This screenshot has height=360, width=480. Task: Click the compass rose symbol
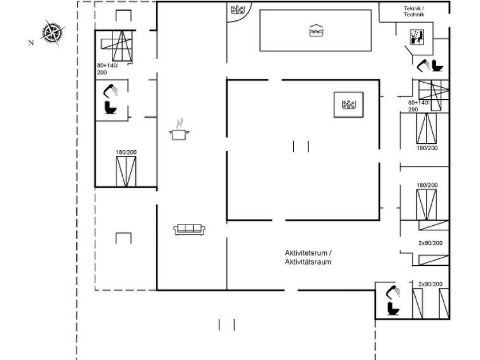point(53,32)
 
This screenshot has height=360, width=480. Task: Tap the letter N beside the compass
point(31,43)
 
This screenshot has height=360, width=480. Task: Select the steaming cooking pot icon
point(179,129)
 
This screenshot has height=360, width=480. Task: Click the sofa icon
point(189,230)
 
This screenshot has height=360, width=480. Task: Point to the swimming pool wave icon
point(317,31)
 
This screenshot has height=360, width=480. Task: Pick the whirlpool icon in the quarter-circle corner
point(237,10)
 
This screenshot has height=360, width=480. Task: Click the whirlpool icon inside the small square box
point(348,105)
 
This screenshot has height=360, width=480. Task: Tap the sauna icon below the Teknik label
point(417,37)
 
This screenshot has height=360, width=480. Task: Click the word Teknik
point(412,8)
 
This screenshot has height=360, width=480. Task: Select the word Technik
point(414,15)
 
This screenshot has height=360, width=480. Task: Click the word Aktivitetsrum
point(306,253)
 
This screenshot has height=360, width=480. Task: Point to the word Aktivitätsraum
point(308,262)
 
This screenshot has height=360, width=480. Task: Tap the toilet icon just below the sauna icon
point(437,66)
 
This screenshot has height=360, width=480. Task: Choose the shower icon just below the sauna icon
point(423,66)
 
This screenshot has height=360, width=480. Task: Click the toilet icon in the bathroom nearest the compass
point(110,107)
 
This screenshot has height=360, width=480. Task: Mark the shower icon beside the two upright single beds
point(393,292)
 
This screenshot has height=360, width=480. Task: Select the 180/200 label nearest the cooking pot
point(126,152)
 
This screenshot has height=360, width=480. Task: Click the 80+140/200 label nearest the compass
point(107,69)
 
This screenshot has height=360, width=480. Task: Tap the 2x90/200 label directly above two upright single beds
point(430,284)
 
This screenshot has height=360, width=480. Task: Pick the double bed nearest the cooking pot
point(126,172)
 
